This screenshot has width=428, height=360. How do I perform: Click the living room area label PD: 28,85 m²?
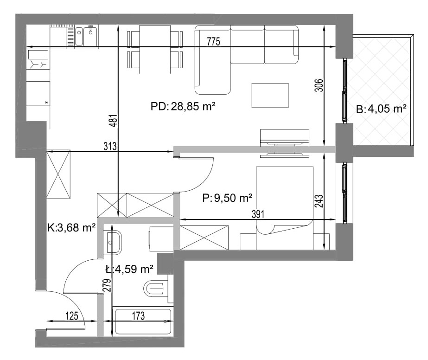click(x=183, y=106)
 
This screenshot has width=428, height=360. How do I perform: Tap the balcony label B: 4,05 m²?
click(x=381, y=109)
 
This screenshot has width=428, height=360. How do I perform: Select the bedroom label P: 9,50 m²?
click(x=227, y=198)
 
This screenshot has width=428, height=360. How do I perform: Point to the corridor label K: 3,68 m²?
click(x=71, y=227)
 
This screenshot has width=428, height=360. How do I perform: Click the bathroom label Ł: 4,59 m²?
click(x=129, y=270)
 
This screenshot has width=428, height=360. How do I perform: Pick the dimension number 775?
click(x=213, y=41)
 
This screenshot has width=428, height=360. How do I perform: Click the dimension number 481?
click(x=114, y=120)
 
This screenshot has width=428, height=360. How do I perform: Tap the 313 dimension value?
click(x=110, y=147)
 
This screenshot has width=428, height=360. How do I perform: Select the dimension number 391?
click(x=258, y=214)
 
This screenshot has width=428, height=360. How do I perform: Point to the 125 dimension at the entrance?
click(x=72, y=316)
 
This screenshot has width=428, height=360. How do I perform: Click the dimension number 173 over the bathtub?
click(x=138, y=316)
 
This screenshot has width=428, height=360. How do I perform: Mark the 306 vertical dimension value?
click(x=319, y=85)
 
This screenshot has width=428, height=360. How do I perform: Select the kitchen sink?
click(x=87, y=36)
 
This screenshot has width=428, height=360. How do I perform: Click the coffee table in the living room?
click(x=270, y=95)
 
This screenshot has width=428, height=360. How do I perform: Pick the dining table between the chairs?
click(x=155, y=50)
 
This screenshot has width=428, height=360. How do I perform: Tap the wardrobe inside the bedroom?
click(x=204, y=238)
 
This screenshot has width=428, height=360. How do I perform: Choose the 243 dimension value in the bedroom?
click(x=319, y=201)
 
